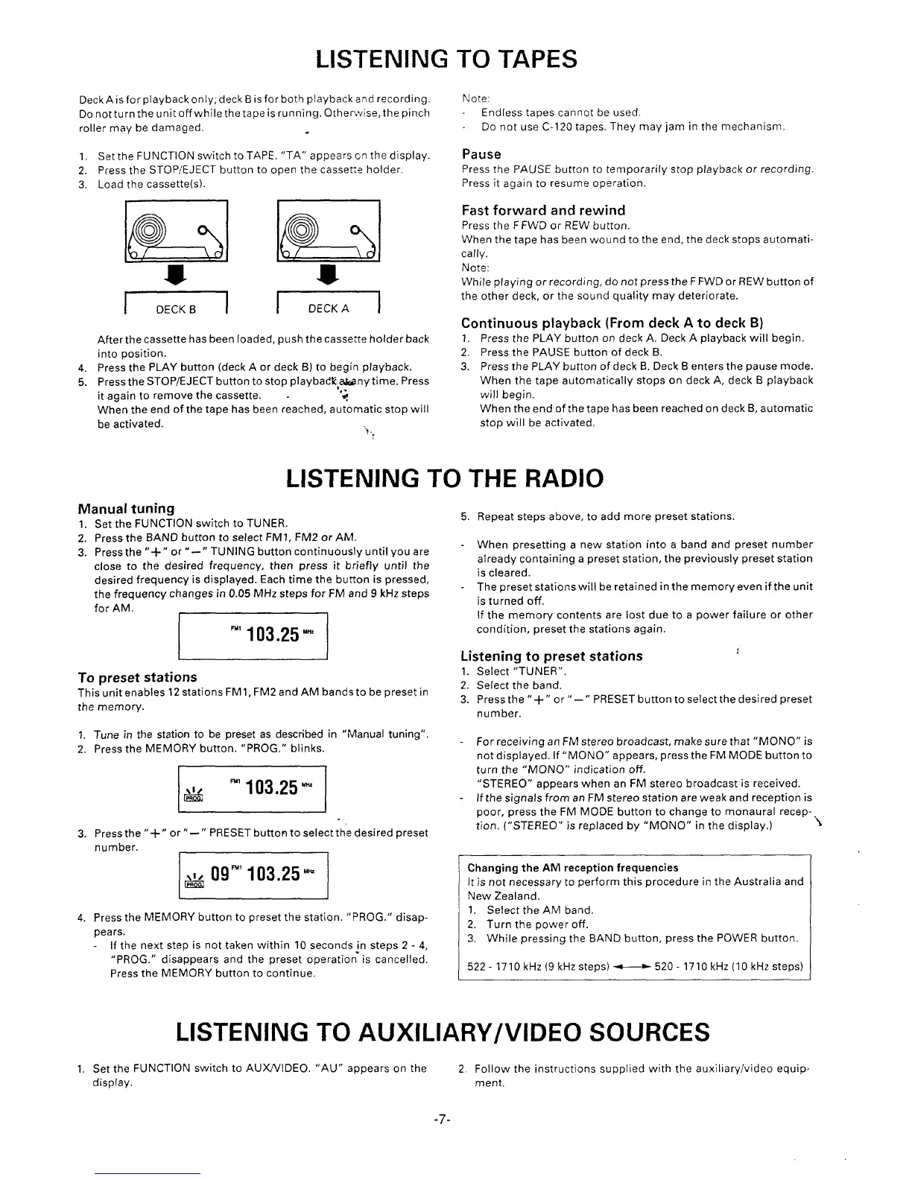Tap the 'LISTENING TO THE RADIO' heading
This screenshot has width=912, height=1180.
coord(445,478)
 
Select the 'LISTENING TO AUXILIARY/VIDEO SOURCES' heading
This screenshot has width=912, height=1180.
coord(443,1032)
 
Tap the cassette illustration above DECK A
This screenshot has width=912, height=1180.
coord(328,232)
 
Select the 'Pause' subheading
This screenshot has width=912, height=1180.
coord(481,154)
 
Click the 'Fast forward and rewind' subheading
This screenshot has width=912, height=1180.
coord(543,210)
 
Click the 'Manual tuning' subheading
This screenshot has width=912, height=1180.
coord(126,508)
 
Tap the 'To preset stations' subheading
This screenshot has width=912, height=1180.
coord(137,676)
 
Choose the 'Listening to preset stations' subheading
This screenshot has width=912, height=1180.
coord(551,656)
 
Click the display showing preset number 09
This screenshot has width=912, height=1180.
coord(253,874)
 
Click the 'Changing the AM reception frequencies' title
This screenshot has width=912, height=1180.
coord(572,868)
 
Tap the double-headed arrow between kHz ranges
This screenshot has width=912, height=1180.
coord(632,967)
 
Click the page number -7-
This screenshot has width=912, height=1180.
coord(446,1120)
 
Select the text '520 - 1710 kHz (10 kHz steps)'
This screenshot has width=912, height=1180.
coord(728,967)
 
